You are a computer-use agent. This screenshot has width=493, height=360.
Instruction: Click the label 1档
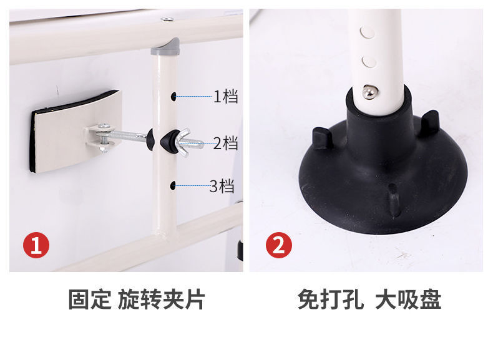225,97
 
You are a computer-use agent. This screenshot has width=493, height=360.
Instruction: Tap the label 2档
225,144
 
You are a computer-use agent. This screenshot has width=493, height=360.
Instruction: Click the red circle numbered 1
36,245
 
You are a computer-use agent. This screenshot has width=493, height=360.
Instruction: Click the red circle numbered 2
278,245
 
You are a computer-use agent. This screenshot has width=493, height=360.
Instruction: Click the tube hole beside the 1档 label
173,97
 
